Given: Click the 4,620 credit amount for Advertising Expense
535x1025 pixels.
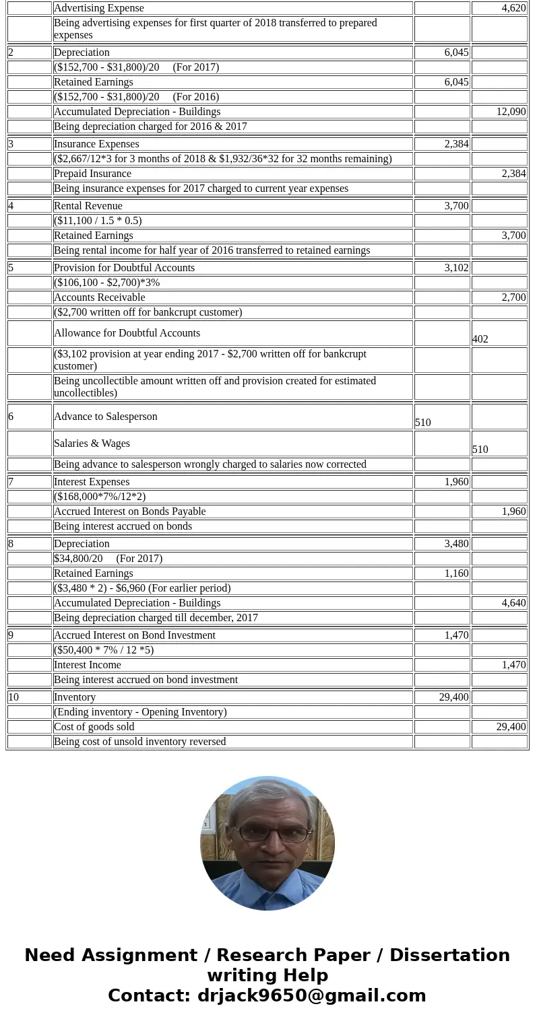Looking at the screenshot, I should point(513,8).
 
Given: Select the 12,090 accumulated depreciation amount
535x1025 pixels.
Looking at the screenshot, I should point(511,112).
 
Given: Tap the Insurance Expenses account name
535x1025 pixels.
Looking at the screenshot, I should point(96,144).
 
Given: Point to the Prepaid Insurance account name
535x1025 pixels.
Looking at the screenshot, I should point(92,174).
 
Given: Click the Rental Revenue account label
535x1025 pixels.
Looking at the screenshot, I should point(88,206).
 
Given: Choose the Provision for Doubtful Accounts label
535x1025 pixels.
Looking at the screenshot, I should point(124,268).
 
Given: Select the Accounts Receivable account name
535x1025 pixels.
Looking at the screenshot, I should point(99,297).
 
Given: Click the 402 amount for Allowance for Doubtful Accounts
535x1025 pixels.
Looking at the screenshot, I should point(480,339).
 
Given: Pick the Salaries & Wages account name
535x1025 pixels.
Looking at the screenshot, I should point(92,444).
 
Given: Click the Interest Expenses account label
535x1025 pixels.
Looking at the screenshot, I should point(92,482).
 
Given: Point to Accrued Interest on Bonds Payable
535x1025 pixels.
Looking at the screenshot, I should point(129,511).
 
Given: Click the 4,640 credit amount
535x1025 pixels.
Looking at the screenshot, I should point(513,603).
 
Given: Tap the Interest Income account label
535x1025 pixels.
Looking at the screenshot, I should point(88,665).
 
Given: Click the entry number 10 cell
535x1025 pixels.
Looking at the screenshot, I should point(14,697).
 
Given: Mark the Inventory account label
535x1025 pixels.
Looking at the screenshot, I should point(75,697).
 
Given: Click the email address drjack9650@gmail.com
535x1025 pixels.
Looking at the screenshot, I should point(311,995).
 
